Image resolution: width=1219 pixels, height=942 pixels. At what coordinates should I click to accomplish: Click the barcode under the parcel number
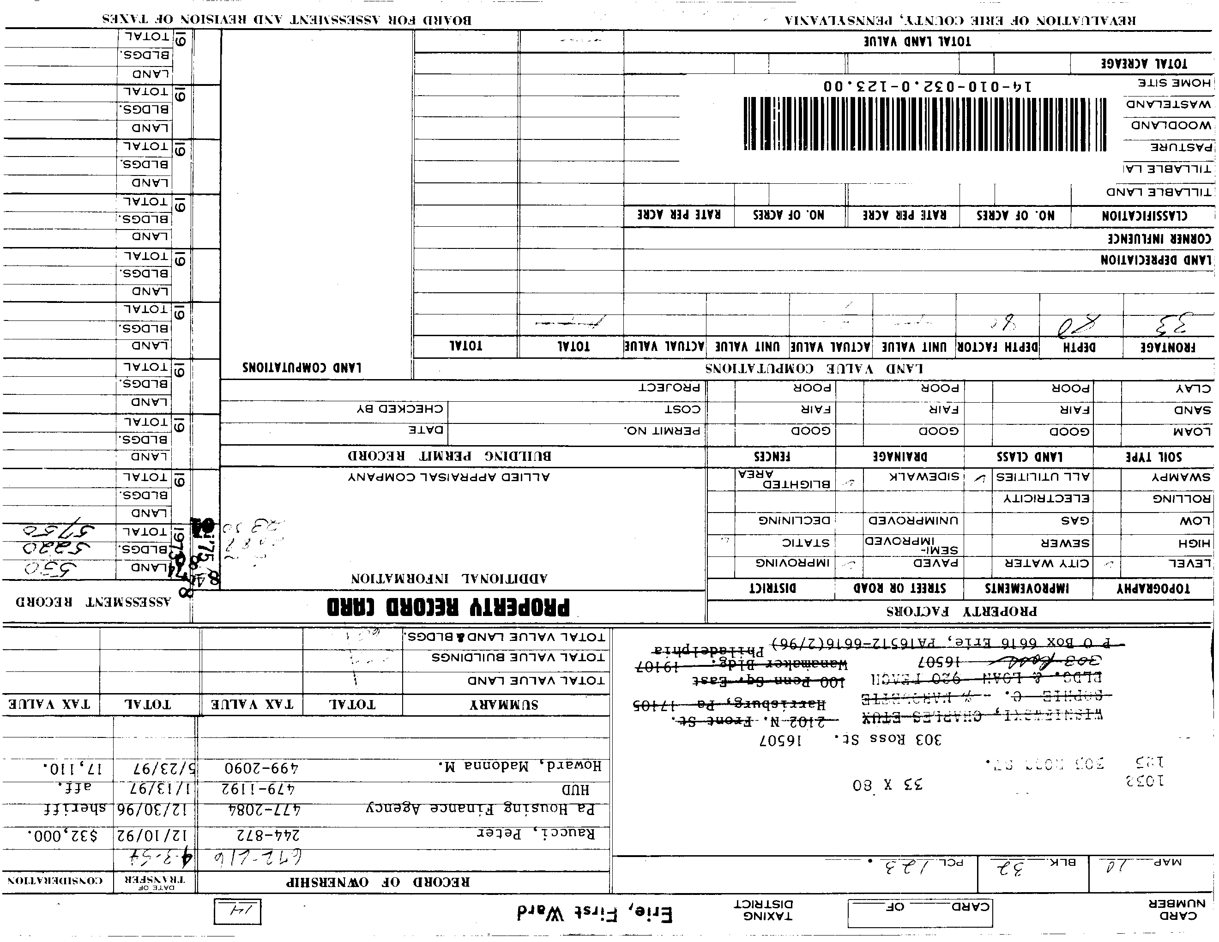click(x=924, y=123)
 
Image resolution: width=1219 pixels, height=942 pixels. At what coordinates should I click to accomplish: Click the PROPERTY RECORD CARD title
click(x=448, y=607)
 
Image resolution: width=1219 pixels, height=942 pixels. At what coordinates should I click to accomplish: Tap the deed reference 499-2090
click(x=261, y=768)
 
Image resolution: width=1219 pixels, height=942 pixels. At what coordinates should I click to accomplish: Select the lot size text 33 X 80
click(x=887, y=785)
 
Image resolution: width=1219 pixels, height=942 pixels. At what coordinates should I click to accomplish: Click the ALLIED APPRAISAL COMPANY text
click(x=449, y=477)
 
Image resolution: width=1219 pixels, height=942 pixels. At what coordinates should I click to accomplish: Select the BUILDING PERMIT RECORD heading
click(x=449, y=456)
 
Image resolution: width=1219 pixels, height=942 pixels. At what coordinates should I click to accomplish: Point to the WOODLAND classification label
click(x=1171, y=125)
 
